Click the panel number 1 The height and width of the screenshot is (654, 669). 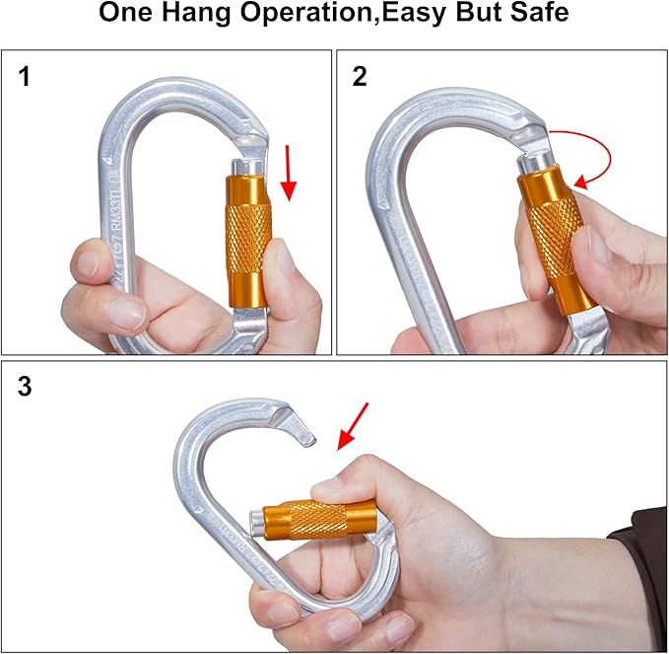tap(27, 77)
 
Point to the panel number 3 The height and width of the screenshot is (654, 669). tap(27, 387)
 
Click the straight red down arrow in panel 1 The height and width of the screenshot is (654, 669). tap(289, 171)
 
